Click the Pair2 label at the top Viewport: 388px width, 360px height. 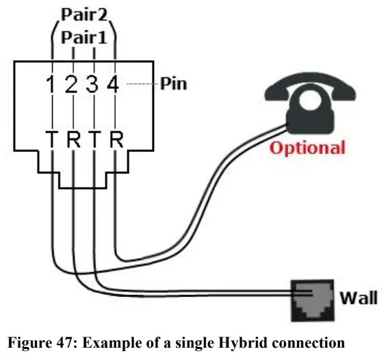coord(83,14)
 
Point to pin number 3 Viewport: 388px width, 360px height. coord(93,86)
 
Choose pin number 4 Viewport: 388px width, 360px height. coord(114,86)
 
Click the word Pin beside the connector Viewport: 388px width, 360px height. coord(173,85)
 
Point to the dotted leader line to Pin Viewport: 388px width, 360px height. coord(140,85)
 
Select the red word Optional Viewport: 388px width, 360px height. coord(307,147)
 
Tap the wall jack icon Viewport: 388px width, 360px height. coord(312,300)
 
